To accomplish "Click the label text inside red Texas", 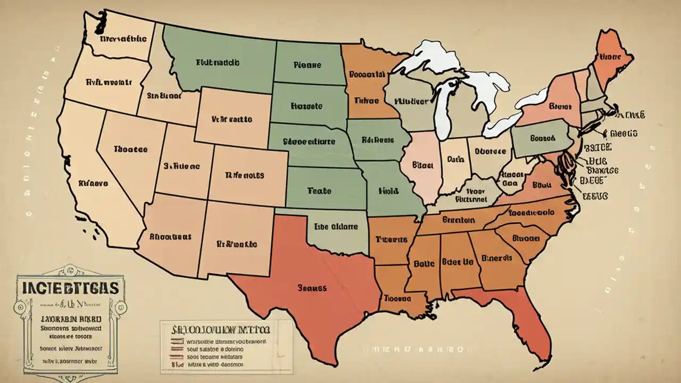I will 312,288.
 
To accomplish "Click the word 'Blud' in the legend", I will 178,365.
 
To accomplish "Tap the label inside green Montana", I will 217,63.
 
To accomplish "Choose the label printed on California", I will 94,183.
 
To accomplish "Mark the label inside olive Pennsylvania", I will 542,138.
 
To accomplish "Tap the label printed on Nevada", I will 130,149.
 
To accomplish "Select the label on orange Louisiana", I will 398,298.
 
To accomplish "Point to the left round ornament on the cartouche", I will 21,307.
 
